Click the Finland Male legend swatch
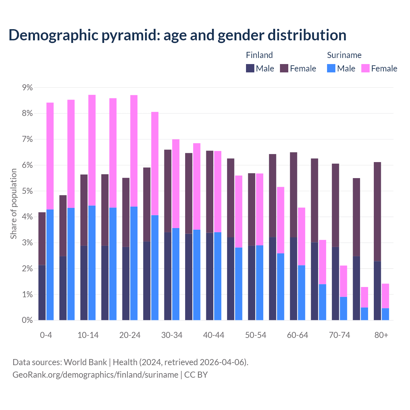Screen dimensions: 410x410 tap(250, 68)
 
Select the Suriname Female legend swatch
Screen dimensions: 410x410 tap(365, 68)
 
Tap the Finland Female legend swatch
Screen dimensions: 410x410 tap(284, 68)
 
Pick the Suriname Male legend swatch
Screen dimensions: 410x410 tap(331, 68)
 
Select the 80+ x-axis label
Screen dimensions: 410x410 tap(381, 335)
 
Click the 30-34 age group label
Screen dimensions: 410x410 tap(172, 335)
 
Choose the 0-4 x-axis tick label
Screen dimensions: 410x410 tap(46, 335)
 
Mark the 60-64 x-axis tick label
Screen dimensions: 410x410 tap(297, 335)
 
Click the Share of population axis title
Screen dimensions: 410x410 tap(14, 204)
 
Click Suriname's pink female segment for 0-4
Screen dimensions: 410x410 tap(50, 156)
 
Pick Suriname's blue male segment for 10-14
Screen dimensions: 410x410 tap(92, 263)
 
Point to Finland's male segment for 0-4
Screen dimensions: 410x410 tap(42, 292)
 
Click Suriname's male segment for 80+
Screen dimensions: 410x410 tap(385, 314)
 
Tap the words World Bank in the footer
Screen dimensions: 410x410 tap(85, 362)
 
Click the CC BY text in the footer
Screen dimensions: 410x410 tap(196, 375)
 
